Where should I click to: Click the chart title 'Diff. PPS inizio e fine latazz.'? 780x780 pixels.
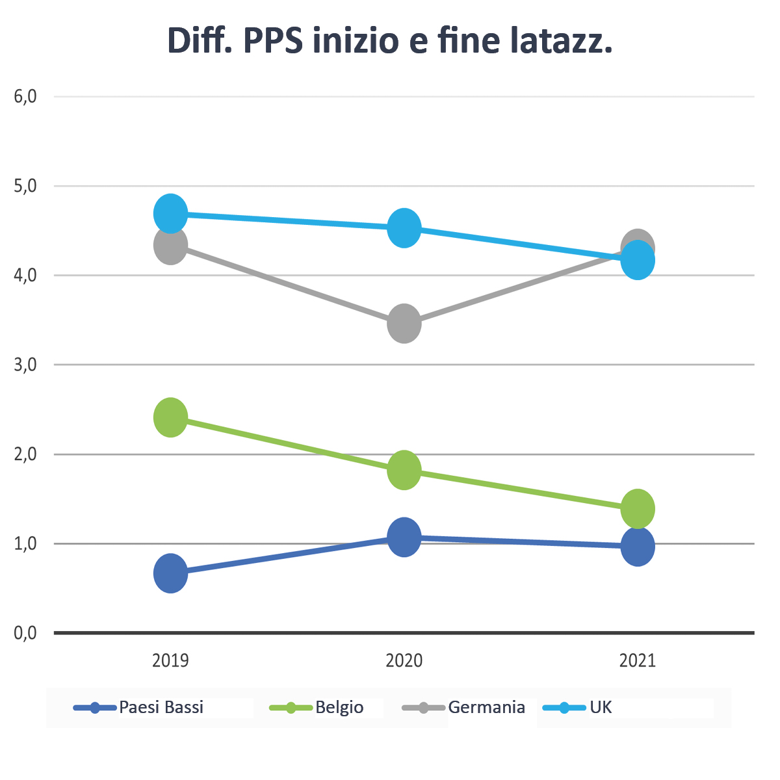[390, 42]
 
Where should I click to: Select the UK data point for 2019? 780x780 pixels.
[170, 213]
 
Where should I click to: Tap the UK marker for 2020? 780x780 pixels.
[404, 228]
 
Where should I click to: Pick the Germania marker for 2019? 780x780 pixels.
[170, 246]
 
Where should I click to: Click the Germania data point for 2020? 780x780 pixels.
[404, 323]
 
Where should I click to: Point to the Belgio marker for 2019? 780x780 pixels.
[170, 417]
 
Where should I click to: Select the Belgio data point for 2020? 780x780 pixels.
[404, 470]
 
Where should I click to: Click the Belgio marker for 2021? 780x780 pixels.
[638, 508]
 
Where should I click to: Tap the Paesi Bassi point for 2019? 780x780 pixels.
[170, 573]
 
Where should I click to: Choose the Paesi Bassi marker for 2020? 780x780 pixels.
[404, 537]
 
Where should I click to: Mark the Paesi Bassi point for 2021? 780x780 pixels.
[638, 547]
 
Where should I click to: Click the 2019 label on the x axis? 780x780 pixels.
[170, 661]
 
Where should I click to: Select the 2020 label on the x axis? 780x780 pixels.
[404, 661]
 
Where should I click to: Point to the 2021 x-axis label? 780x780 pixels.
[638, 661]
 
